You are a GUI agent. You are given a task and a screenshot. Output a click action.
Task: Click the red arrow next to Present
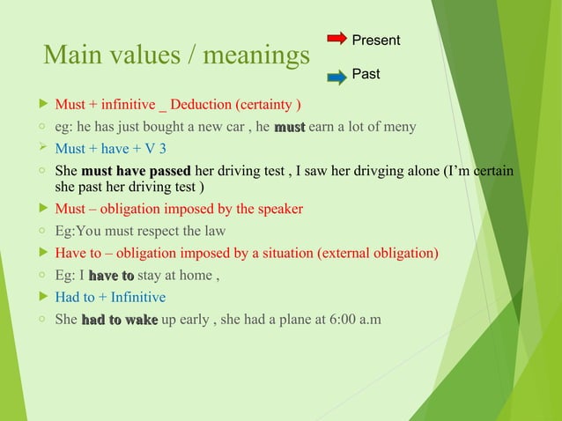coord(336,39)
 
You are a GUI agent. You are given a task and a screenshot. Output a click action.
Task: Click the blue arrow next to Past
coord(336,78)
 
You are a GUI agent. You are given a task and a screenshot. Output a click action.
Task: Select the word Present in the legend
coord(375,41)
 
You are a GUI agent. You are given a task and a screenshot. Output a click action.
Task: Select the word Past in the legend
coord(366,75)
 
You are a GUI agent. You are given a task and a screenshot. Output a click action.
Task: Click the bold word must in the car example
coord(289,128)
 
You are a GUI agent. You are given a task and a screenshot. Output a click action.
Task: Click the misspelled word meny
coord(398,128)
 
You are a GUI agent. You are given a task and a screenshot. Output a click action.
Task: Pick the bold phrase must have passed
coord(136,169)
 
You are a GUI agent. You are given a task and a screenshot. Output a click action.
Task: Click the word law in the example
coord(213,231)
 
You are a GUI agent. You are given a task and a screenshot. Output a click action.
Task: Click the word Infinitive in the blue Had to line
coord(131,298)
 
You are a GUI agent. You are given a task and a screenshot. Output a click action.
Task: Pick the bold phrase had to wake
coord(119,320)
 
